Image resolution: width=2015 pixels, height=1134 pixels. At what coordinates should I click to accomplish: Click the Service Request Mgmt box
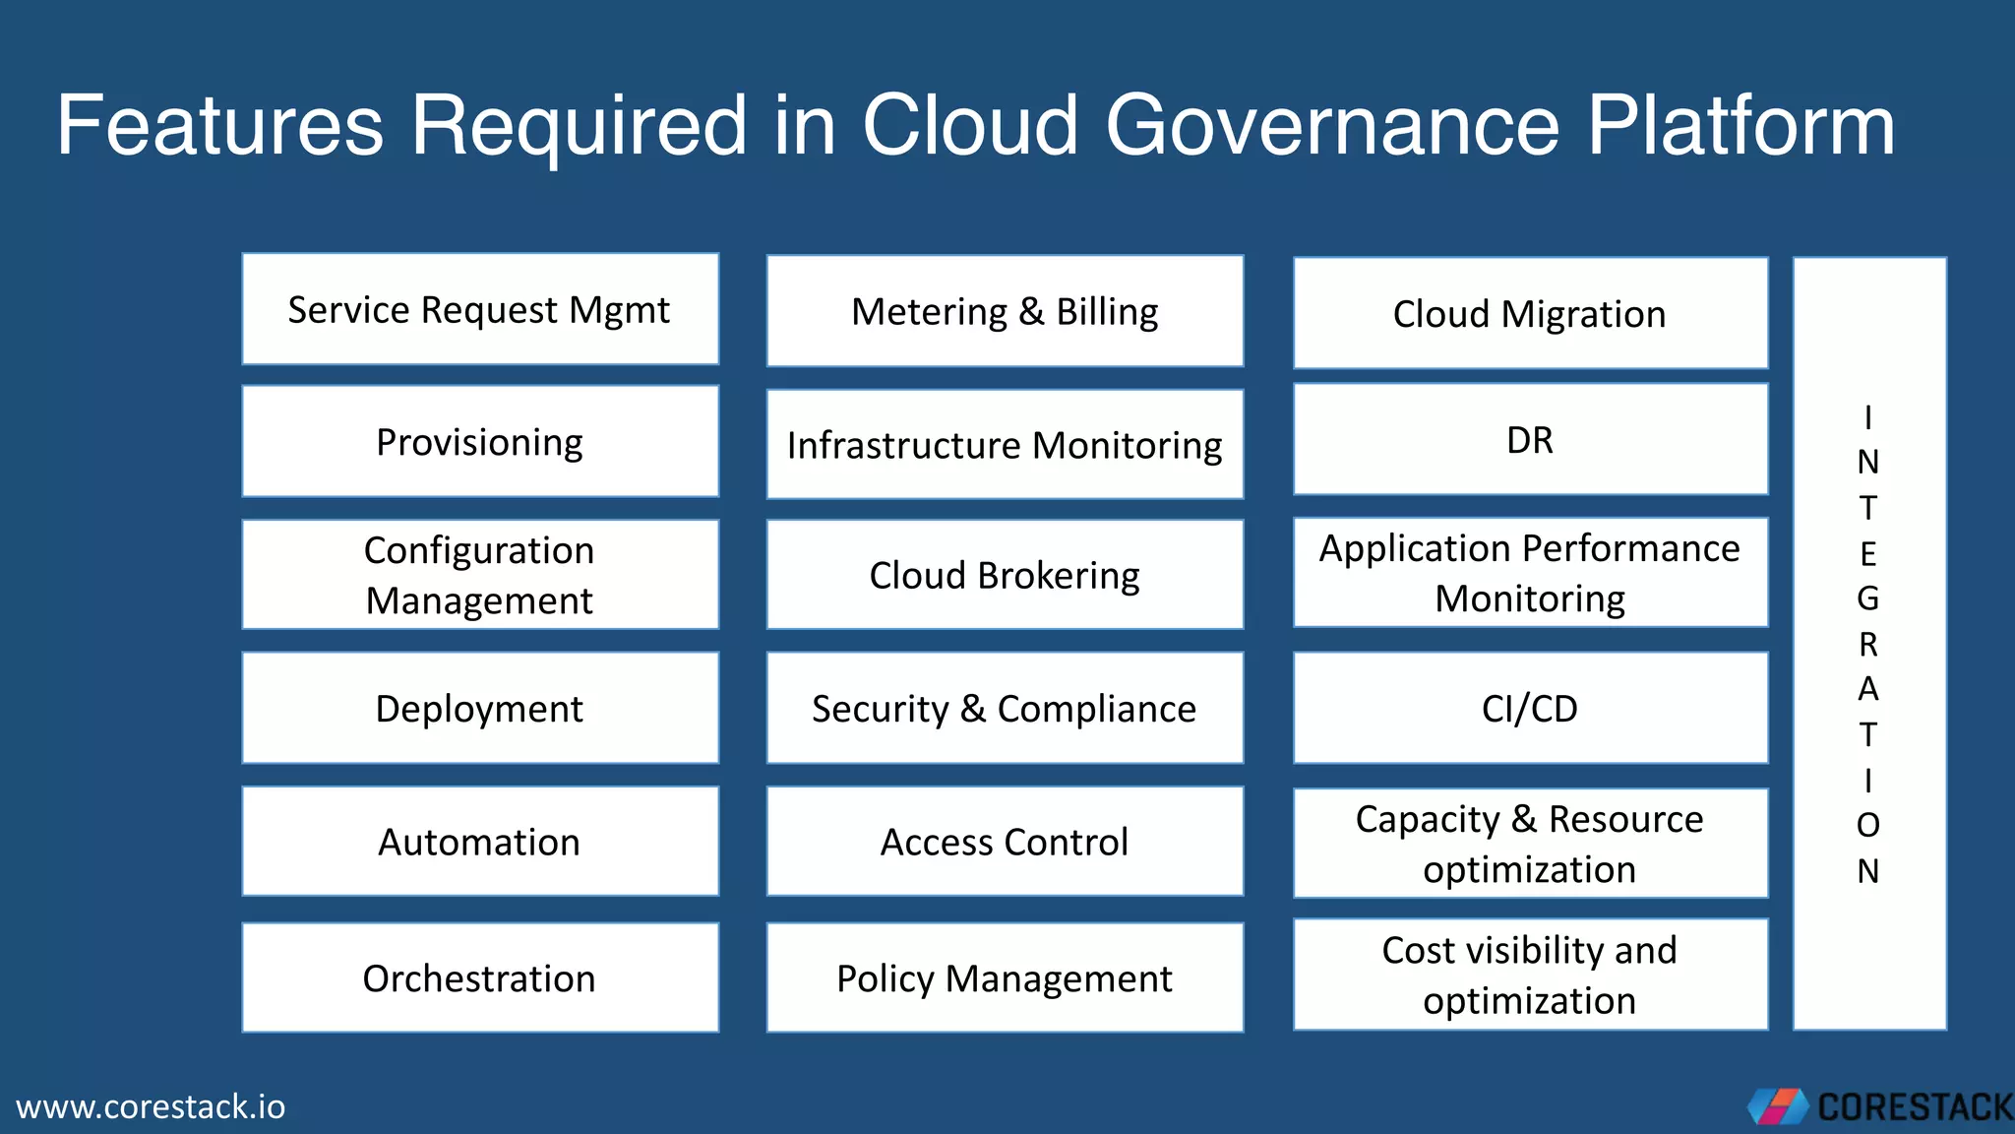coord(480,309)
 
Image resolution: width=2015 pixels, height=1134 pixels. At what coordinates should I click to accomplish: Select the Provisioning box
coord(480,441)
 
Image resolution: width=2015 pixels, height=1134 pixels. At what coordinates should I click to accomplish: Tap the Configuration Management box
coord(480,575)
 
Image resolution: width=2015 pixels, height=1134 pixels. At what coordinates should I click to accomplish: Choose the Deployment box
coord(480,708)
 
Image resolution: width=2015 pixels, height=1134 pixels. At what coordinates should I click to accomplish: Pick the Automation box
coord(480,842)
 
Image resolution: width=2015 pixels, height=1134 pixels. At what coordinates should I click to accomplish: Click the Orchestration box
coord(480,977)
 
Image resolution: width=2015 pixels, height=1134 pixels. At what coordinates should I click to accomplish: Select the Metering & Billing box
coord(1005,311)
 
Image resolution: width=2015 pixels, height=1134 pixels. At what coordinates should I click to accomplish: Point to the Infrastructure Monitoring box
coord(1005,444)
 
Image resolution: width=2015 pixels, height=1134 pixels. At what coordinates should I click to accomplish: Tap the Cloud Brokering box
coord(1005,575)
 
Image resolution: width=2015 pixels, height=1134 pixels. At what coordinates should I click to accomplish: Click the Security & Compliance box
coord(1005,708)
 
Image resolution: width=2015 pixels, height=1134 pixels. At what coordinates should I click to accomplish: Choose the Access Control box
coord(1005,842)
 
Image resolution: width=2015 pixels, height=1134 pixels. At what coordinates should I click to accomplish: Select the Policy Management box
coord(1005,977)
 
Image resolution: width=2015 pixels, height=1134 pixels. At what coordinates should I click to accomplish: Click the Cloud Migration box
coord(1530,313)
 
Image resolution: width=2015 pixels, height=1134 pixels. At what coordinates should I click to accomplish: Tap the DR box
coord(1530,439)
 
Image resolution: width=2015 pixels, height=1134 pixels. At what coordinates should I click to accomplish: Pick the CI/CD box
coord(1530,708)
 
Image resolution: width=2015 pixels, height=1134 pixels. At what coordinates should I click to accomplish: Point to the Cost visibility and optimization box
coord(1530,975)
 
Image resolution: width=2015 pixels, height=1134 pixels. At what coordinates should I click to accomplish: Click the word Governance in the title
coord(1333,125)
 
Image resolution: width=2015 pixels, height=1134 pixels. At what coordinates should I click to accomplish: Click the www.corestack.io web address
coord(151,1106)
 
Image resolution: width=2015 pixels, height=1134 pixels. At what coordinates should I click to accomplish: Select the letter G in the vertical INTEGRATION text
coord(1867,598)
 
